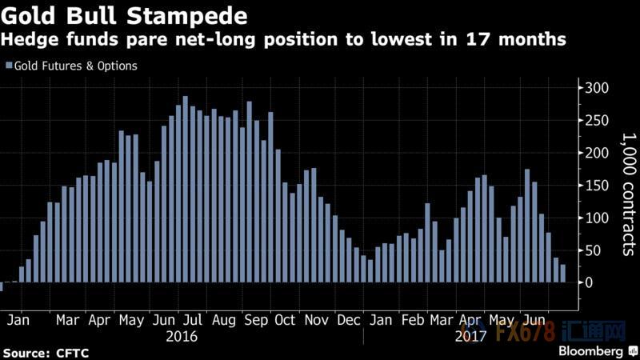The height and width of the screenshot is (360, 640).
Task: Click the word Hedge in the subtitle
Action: point(30,41)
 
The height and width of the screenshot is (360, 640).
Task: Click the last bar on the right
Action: point(562,274)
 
